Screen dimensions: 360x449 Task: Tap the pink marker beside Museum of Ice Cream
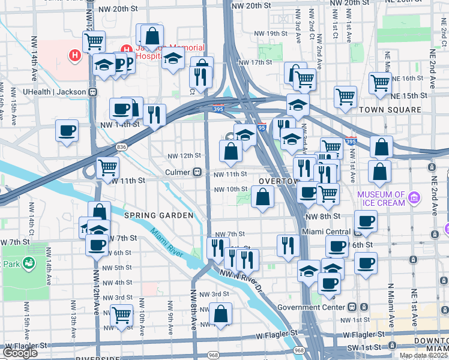(414, 197)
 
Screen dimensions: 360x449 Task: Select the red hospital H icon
(75, 56)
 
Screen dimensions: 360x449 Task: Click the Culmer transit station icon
(197, 172)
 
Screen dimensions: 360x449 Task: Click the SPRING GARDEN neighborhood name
(158, 215)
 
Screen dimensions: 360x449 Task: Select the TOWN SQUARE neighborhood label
(390, 110)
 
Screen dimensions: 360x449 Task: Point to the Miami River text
(167, 244)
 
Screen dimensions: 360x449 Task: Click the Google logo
(20, 353)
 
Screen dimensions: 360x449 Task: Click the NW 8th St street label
(323, 216)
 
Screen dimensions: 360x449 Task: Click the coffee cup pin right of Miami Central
(365, 220)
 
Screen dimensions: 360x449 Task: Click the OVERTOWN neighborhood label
(278, 181)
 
